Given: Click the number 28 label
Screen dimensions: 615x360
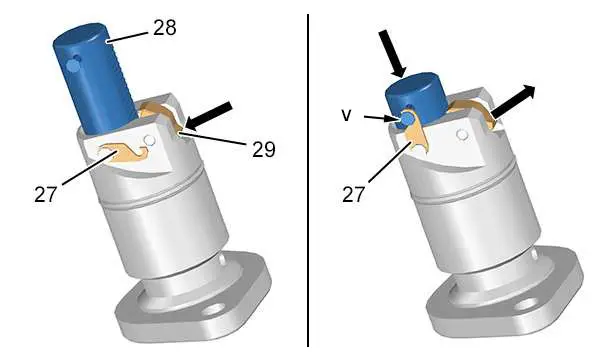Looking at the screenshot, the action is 164,28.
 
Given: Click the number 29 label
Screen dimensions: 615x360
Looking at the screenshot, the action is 264,149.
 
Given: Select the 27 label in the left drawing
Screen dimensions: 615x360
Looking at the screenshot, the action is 45,195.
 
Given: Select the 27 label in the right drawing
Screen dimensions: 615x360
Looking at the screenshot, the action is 353,195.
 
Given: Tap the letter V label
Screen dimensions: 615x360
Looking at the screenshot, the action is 346,115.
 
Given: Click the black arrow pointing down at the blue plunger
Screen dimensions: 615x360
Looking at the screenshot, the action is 392,53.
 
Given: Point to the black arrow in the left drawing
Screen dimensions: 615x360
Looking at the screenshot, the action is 208,116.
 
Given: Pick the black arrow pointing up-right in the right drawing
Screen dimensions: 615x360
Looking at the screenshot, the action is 513,102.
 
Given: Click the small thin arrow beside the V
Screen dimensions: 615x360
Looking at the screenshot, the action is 380,118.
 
